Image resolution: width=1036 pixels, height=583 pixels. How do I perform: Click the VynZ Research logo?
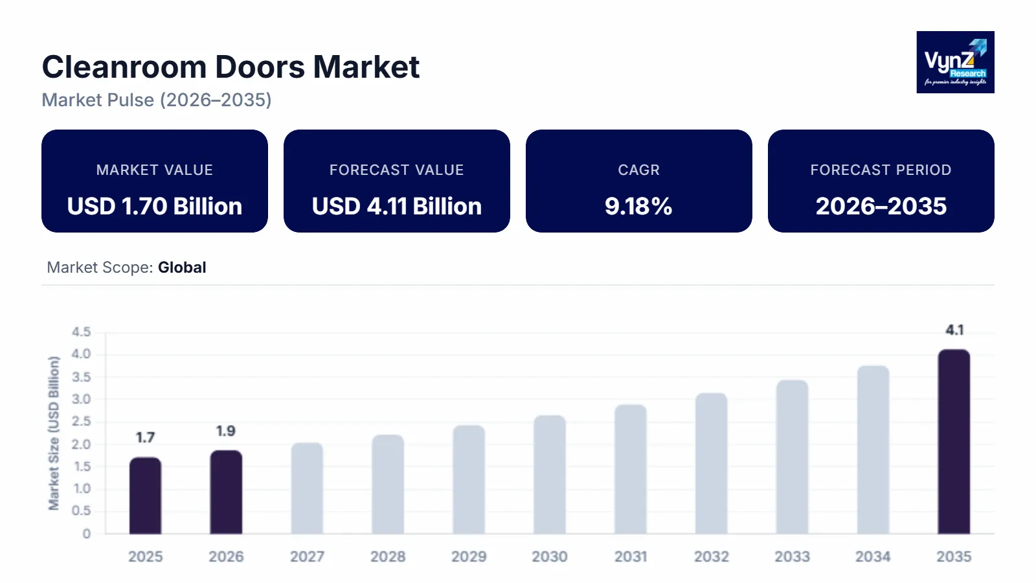[955, 62]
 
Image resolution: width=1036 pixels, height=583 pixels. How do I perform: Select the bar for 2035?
[954, 442]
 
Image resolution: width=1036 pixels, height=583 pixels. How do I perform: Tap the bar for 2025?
[145, 496]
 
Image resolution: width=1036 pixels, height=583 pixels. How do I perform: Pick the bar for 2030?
[550, 475]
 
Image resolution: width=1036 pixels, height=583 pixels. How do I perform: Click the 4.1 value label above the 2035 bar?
[954, 330]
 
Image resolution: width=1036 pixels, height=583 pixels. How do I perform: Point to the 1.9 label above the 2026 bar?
[225, 431]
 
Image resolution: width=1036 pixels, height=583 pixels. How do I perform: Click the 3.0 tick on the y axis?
[81, 399]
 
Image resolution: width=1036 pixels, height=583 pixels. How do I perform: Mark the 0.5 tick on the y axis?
[81, 511]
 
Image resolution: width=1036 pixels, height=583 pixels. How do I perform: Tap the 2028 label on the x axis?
[388, 556]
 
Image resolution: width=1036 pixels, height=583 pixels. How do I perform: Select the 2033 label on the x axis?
[792, 556]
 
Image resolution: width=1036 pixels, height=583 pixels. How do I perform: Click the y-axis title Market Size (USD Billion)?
[54, 433]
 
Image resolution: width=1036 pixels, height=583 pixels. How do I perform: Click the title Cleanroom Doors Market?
[231, 67]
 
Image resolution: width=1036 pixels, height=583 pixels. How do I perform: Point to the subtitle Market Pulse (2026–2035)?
[157, 100]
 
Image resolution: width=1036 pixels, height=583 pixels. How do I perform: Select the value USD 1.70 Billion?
[155, 207]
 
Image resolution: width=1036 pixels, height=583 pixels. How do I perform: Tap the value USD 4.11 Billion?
[397, 207]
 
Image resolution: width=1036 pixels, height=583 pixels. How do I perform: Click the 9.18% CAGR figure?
[638, 207]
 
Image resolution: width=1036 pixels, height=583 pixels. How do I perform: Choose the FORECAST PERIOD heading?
[881, 170]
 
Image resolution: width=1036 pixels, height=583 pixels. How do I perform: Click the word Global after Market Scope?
[182, 268]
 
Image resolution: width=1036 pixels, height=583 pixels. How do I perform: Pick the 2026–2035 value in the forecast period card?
[881, 207]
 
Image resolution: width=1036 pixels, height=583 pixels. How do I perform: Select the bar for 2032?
[711, 463]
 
